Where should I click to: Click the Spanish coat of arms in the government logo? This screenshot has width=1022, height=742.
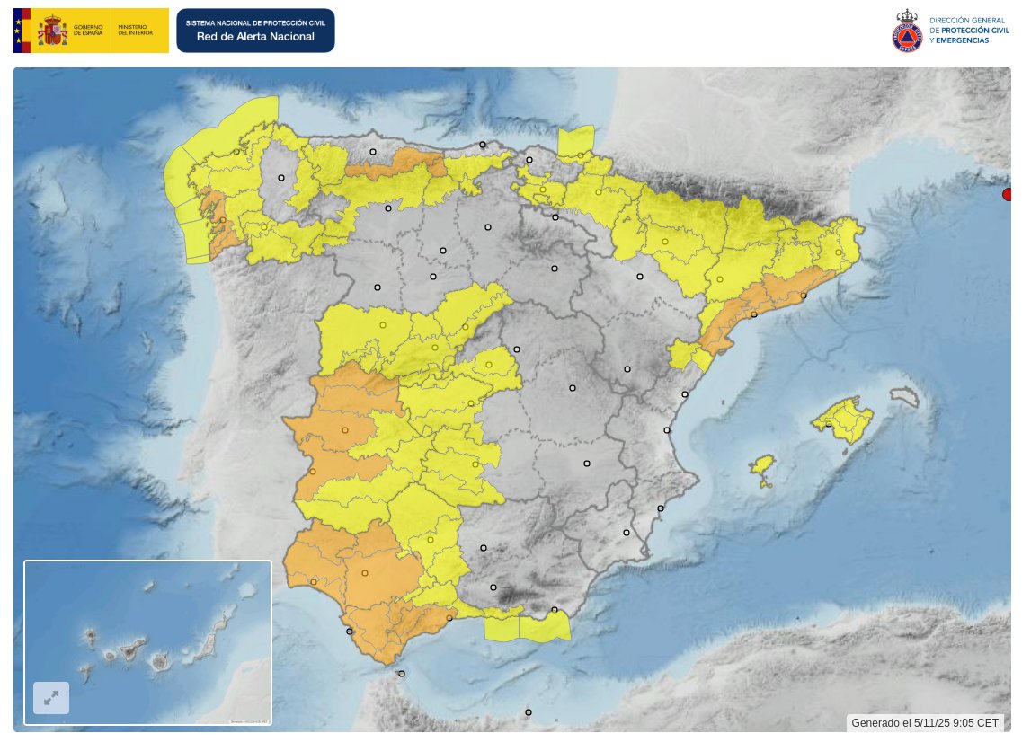coord(52,31)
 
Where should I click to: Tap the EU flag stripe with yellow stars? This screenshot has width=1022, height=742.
coord(22,31)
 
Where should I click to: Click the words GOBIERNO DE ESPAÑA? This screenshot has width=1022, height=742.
coord(88,31)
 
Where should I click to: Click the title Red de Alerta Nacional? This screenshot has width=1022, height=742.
coord(255,37)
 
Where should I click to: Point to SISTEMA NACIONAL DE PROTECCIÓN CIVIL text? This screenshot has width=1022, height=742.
coord(255,21)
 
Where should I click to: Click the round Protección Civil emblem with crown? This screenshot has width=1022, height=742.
coord(907,31)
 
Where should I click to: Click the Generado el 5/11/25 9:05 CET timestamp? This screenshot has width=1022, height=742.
coord(925,723)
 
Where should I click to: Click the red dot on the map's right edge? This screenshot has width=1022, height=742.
coord(1009,195)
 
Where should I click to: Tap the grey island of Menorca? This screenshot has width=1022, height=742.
coord(904,396)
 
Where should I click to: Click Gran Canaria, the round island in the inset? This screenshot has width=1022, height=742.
coord(160,662)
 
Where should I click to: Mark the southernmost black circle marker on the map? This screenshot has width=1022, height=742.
coord(529,712)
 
